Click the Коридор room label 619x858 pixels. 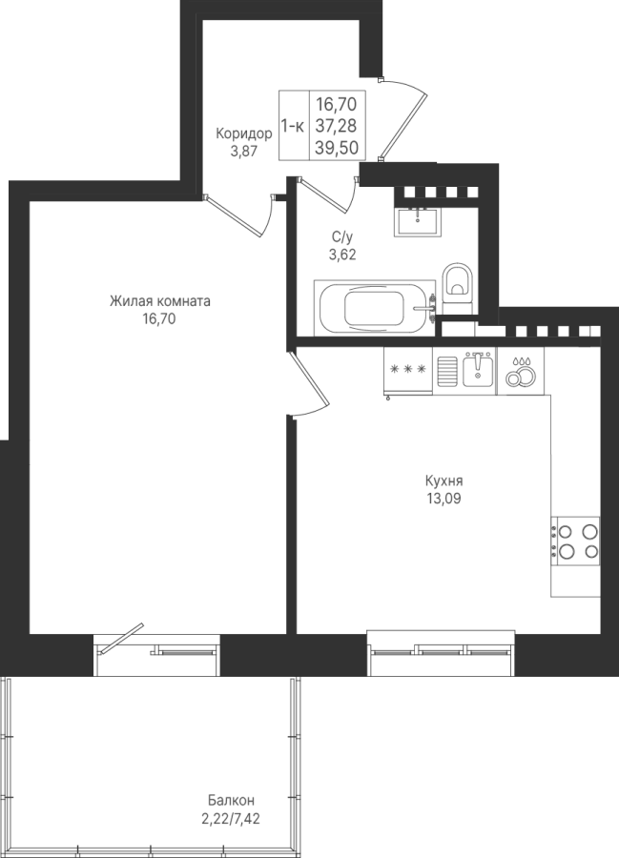(243, 133)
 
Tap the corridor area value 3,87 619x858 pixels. (243, 152)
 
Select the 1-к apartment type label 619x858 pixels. (293, 126)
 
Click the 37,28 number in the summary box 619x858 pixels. (336, 125)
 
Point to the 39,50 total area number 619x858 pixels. (336, 147)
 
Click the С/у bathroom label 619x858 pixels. (342, 237)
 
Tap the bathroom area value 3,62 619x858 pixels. (342, 255)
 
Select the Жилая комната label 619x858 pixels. (160, 301)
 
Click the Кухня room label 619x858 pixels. (444, 481)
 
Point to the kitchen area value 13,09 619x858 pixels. (444, 499)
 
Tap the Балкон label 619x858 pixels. (231, 801)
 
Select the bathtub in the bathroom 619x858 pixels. (375, 308)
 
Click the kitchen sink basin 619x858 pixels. (478, 369)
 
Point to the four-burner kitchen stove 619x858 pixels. (575, 541)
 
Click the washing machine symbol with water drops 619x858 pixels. (520, 371)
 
